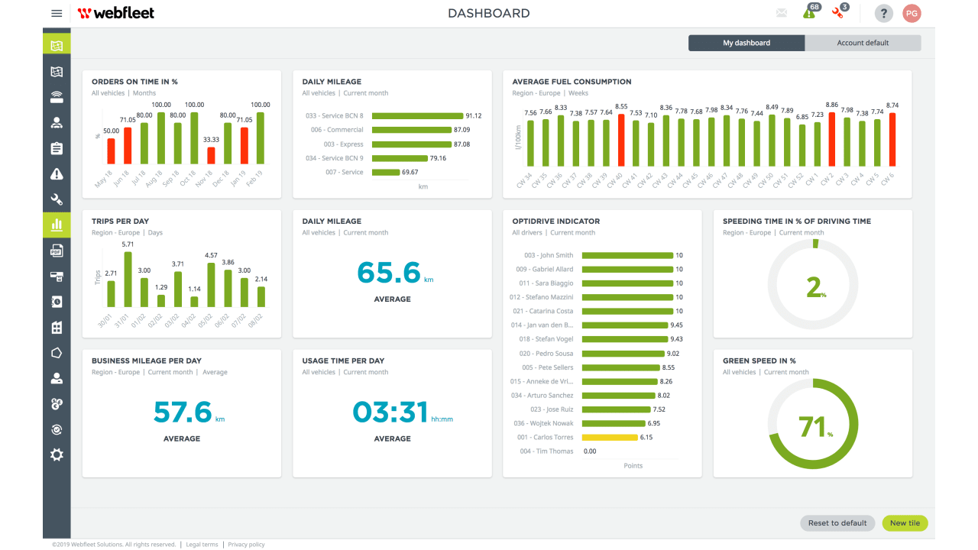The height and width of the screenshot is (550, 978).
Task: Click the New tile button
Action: point(905,523)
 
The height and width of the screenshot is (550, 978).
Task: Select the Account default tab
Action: point(863,43)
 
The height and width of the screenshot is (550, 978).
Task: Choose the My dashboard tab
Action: point(746,43)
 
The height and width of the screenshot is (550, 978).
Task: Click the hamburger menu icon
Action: point(57,13)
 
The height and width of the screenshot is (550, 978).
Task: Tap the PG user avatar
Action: point(912,13)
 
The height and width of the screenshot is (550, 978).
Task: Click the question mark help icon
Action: point(883,13)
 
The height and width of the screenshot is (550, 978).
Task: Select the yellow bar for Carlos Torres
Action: point(609,438)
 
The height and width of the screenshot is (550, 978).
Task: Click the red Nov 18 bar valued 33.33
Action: point(211,156)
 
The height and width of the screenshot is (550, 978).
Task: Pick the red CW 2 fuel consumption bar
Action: point(832,139)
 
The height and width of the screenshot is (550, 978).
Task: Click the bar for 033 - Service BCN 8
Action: point(417,116)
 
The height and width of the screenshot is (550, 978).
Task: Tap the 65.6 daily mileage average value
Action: point(389,273)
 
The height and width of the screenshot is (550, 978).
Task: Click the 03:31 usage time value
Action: point(390,412)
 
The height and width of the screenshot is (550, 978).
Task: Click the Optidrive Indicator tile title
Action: point(555,222)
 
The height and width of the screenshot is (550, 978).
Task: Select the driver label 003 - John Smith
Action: point(548,255)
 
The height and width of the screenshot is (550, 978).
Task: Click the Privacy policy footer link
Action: point(246,545)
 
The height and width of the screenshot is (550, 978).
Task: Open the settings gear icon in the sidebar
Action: point(57,455)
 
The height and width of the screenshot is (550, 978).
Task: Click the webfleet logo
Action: point(116,13)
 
